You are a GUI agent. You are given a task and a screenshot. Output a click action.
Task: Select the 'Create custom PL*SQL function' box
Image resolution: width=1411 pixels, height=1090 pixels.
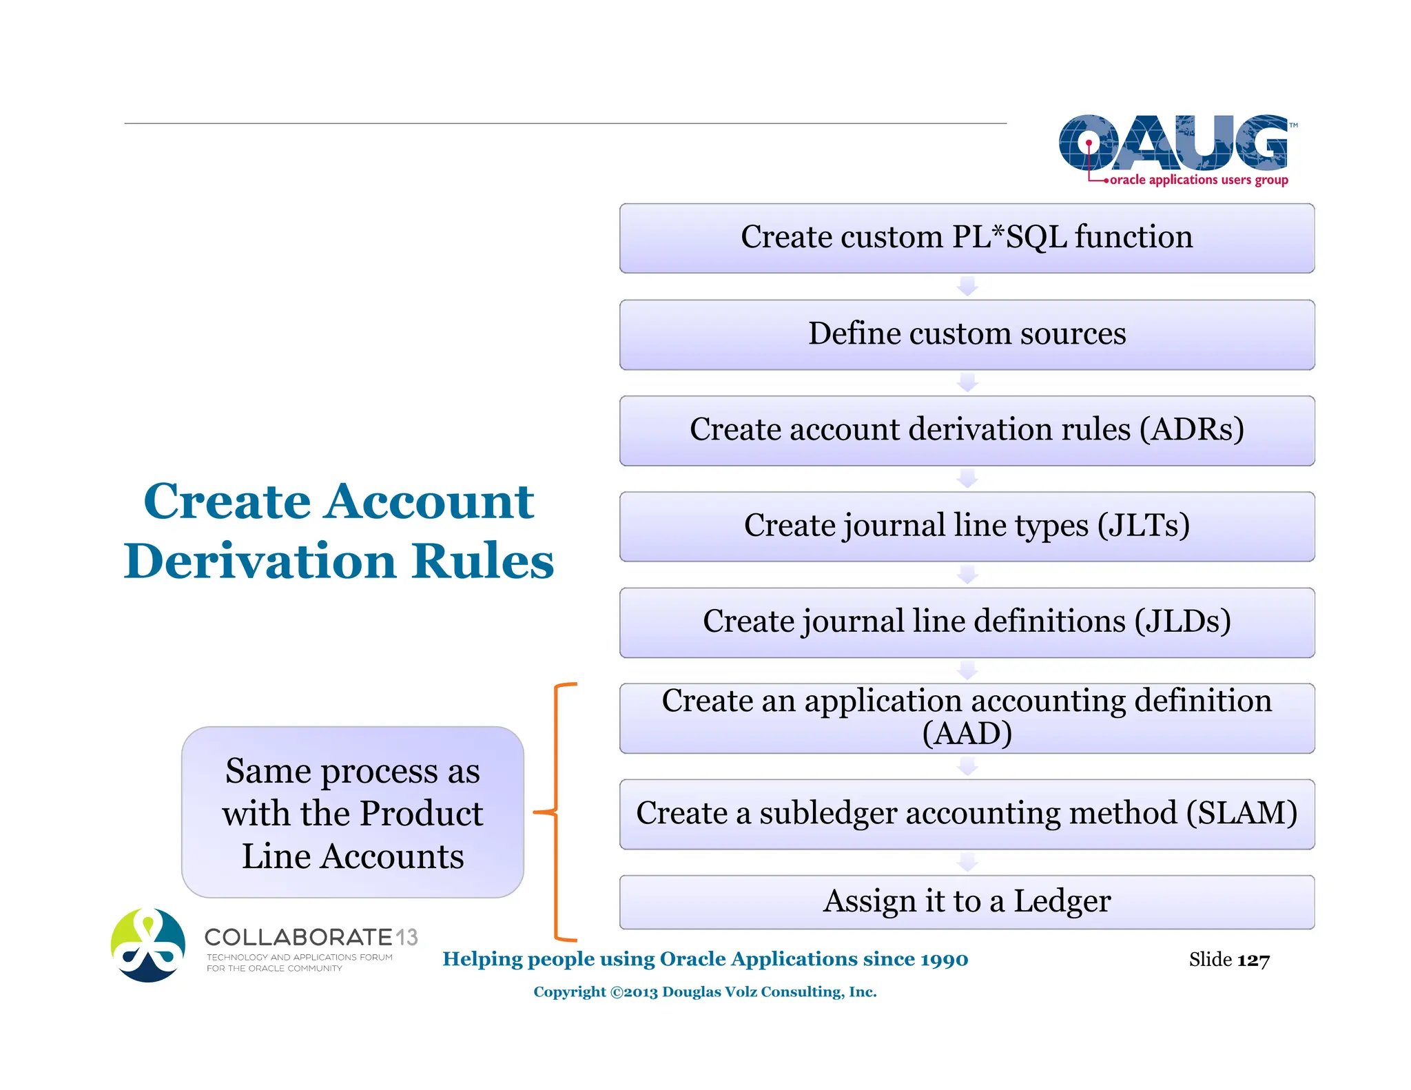(x=967, y=238)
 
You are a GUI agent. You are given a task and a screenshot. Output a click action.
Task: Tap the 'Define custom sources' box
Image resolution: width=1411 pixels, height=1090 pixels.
(x=967, y=334)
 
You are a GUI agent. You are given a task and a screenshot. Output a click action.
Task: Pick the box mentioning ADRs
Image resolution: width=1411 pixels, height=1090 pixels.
(x=967, y=430)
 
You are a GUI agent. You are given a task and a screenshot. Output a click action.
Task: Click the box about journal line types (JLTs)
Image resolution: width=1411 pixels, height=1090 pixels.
(x=967, y=526)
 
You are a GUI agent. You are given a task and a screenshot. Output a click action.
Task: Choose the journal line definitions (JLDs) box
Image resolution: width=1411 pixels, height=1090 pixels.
(x=967, y=621)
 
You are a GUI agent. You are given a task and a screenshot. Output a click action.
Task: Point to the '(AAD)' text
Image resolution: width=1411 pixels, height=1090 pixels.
(x=967, y=734)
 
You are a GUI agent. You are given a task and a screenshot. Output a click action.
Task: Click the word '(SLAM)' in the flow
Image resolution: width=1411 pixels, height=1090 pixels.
(x=1242, y=813)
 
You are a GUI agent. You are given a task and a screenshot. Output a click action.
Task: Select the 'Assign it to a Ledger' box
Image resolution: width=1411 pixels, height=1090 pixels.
(x=967, y=901)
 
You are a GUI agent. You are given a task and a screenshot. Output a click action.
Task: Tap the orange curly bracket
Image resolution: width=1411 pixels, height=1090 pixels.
(x=556, y=813)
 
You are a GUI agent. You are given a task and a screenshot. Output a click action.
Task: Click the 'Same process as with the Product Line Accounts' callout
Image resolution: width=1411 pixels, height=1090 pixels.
(x=352, y=813)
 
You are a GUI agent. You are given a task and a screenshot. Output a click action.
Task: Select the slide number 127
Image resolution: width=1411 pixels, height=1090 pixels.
(x=1253, y=960)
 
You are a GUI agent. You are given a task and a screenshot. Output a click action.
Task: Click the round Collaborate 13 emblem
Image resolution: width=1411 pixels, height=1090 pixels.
(x=148, y=945)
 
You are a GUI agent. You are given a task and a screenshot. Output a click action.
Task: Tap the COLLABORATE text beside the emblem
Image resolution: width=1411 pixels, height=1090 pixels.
(x=298, y=937)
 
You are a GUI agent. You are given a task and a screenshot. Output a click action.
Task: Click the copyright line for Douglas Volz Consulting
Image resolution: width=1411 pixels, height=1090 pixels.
(x=705, y=992)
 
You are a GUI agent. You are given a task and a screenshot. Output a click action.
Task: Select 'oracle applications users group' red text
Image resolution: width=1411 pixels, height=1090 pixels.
(x=1198, y=180)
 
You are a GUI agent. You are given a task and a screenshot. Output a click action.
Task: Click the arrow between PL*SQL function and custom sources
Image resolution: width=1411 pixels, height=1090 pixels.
(x=967, y=286)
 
